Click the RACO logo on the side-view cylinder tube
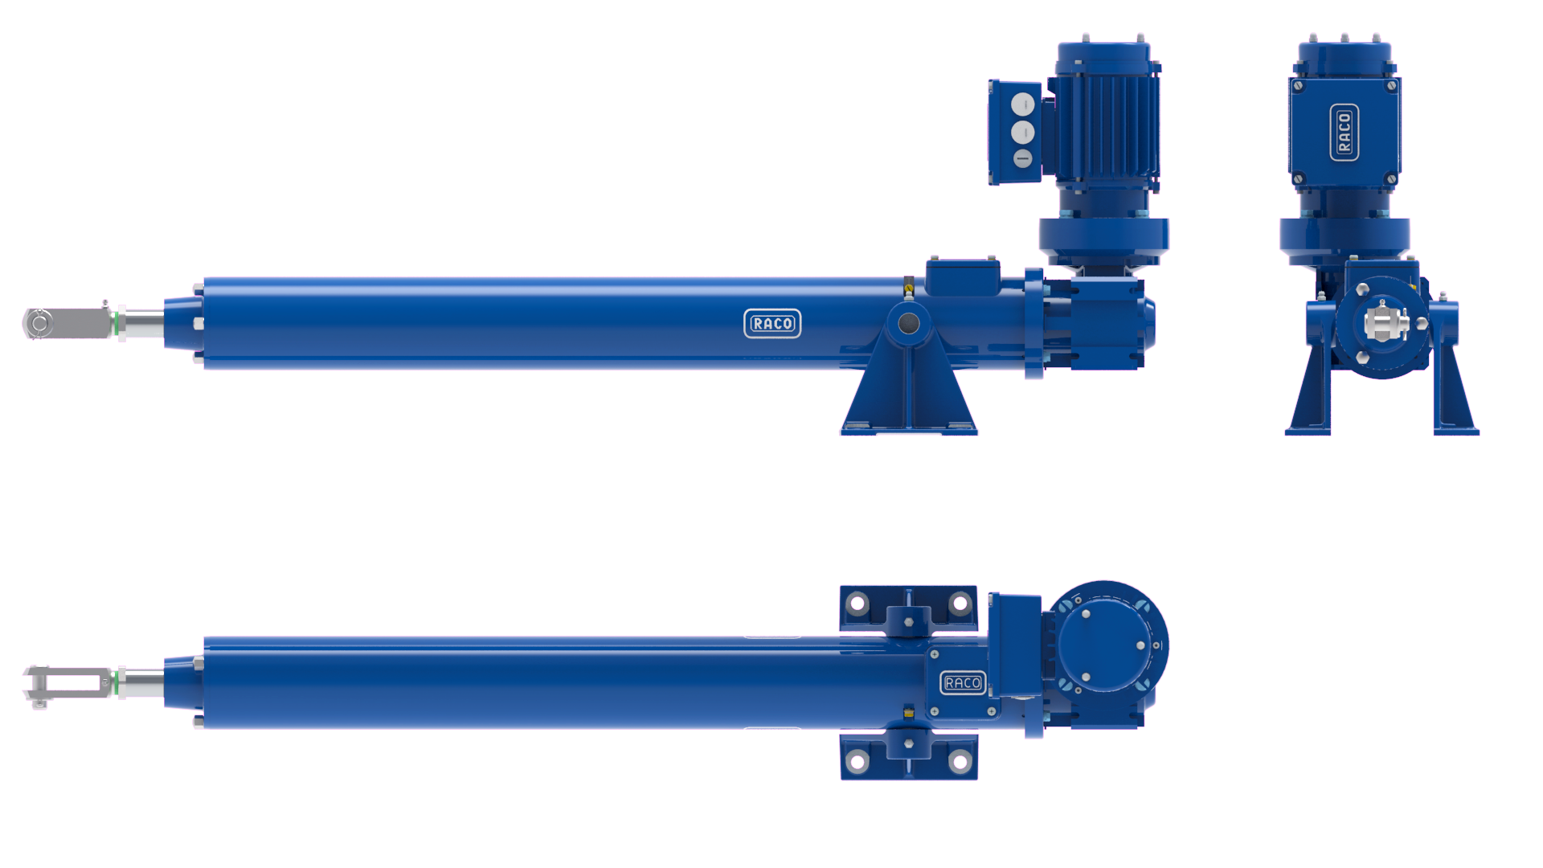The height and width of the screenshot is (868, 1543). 772,323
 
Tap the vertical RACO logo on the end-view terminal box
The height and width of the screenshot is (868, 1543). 1344,133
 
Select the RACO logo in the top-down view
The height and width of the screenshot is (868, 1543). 963,682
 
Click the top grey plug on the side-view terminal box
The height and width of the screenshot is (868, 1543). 1022,104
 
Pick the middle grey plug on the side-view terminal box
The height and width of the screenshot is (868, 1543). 1022,132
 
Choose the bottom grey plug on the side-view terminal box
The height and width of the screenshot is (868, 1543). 1022,158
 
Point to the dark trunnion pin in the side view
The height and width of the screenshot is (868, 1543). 909,323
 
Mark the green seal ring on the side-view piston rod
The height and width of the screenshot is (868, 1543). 117,324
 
